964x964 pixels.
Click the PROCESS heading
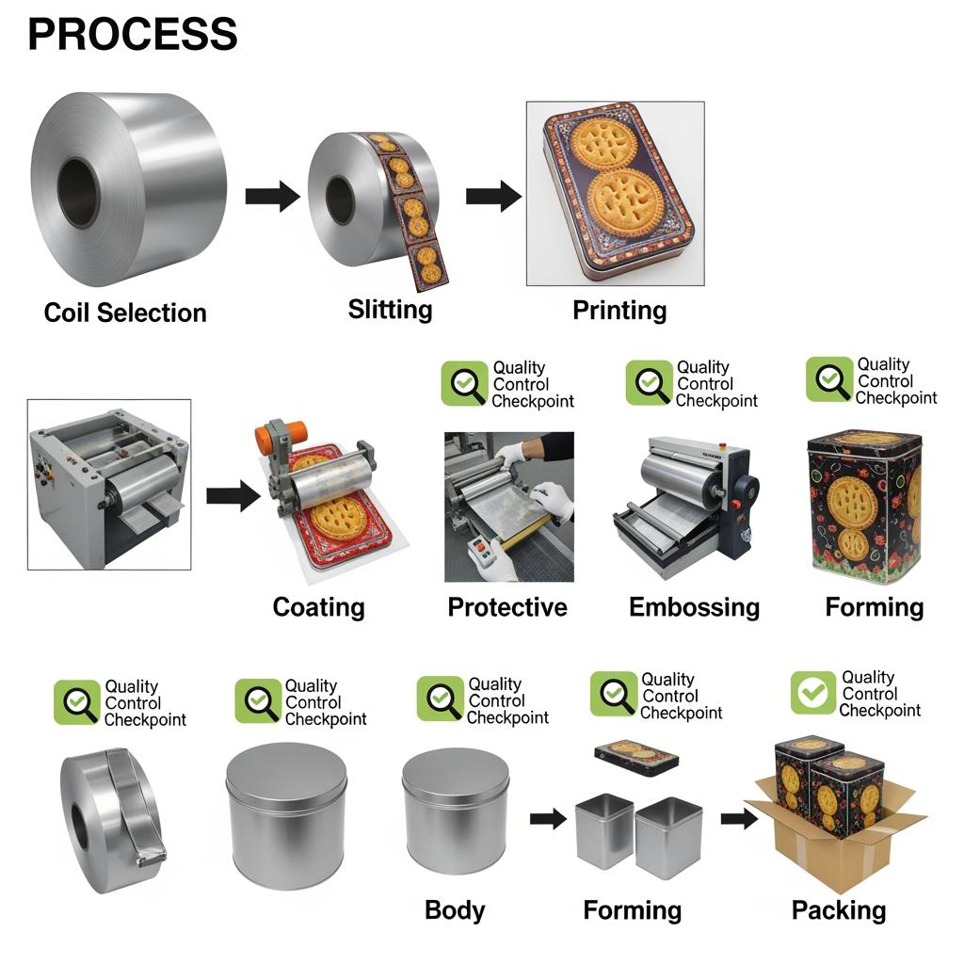(x=132, y=35)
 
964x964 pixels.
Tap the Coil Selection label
(x=125, y=313)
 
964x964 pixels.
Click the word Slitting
(x=390, y=309)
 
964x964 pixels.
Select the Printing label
(x=619, y=310)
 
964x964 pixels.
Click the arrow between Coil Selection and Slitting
(x=272, y=196)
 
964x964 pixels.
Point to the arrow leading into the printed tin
(x=493, y=196)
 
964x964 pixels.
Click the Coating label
(x=318, y=607)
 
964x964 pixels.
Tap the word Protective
(x=507, y=607)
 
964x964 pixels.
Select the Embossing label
(x=694, y=607)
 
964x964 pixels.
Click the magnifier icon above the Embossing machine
(x=649, y=384)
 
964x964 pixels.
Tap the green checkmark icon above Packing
(x=812, y=693)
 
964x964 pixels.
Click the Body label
(x=455, y=910)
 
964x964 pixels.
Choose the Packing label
(x=838, y=910)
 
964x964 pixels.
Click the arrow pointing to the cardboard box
(x=739, y=818)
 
